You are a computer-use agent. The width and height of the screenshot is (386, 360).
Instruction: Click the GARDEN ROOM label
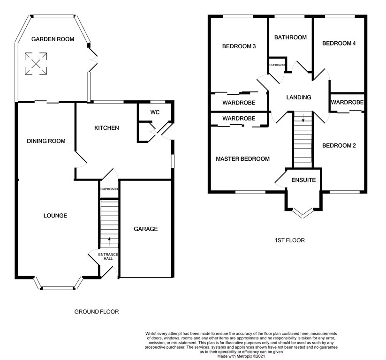(53, 39)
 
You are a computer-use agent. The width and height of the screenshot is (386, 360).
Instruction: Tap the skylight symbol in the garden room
(36, 63)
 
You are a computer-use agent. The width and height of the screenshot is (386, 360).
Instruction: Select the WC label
(155, 112)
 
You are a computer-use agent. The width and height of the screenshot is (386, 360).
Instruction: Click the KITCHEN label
(106, 127)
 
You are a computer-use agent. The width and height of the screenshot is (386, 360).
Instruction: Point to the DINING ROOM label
(46, 141)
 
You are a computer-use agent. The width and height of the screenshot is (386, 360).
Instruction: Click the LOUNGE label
(55, 216)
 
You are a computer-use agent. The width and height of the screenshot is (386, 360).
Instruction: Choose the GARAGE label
(146, 229)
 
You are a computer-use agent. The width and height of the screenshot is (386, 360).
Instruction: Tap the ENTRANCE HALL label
(108, 256)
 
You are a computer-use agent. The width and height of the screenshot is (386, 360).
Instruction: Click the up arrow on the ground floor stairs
(109, 241)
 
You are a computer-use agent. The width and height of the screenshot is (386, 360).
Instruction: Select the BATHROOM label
(290, 37)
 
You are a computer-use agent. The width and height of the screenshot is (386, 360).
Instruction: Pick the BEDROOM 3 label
(239, 46)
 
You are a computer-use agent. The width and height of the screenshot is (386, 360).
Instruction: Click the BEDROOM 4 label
(339, 43)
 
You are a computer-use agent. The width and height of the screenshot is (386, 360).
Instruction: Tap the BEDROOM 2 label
(339, 146)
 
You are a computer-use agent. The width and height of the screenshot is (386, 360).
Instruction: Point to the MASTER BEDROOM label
(243, 159)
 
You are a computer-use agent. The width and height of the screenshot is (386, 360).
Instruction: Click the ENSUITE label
(303, 180)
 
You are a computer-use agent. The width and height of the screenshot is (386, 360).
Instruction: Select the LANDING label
(299, 97)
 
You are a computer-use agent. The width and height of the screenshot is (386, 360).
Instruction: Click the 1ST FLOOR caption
(290, 240)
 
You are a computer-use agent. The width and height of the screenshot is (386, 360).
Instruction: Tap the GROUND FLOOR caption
(97, 312)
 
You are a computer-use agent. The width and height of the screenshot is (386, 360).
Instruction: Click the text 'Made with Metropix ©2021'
(241, 356)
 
